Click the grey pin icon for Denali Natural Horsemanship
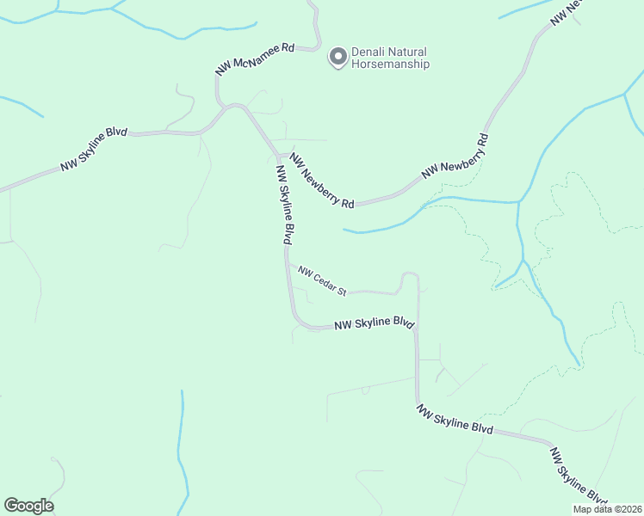click(x=338, y=57)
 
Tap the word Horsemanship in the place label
click(x=390, y=64)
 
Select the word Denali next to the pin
click(x=368, y=52)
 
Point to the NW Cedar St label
click(x=322, y=281)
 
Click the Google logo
click(x=28, y=506)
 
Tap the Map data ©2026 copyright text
click(x=606, y=509)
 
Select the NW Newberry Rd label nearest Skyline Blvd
click(x=322, y=181)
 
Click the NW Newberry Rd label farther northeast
click(x=455, y=157)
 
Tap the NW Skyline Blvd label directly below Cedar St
click(x=375, y=324)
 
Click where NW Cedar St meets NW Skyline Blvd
click(x=287, y=263)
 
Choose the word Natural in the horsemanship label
click(x=406, y=52)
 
